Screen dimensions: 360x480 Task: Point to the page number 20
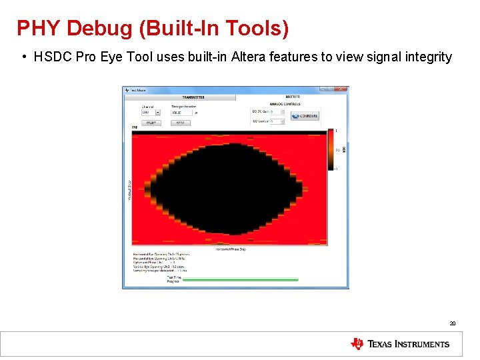pyautogui.click(x=453, y=323)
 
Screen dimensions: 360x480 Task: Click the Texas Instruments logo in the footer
pyautogui.click(x=400, y=344)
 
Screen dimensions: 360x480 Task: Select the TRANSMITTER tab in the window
pyautogui.click(x=193, y=97)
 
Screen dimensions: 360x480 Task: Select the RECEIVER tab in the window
pyautogui.click(x=293, y=97)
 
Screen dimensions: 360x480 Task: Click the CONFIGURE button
pyautogui.click(x=305, y=116)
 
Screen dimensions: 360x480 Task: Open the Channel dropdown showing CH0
pyautogui.click(x=151, y=113)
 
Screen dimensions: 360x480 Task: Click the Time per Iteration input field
pyautogui.click(x=181, y=113)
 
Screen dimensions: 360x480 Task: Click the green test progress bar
pyautogui.click(x=240, y=280)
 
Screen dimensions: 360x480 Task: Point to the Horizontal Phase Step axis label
pyautogui.click(x=231, y=249)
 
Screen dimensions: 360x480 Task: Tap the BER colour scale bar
pyautogui.click(x=331, y=150)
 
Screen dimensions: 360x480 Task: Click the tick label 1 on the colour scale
pyautogui.click(x=337, y=131)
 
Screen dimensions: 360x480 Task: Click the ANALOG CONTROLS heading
pyautogui.click(x=285, y=104)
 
